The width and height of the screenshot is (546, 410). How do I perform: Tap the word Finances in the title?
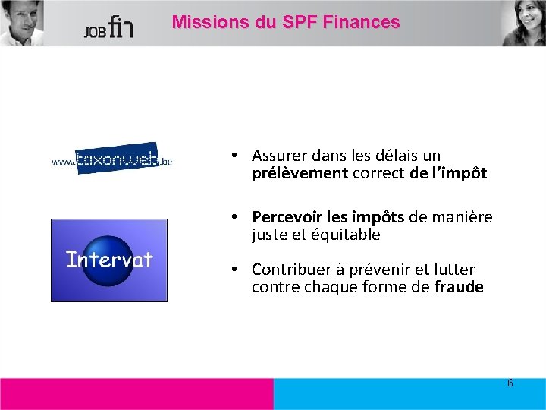(x=361, y=22)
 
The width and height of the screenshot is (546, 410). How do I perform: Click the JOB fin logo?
(x=109, y=27)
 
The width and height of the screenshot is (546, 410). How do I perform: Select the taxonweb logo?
(x=111, y=158)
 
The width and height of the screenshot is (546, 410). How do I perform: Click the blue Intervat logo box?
(x=108, y=260)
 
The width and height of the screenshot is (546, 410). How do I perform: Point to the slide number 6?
(x=510, y=383)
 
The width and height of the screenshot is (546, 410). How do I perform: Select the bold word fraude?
(x=459, y=287)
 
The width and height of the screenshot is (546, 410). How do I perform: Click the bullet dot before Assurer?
(x=237, y=156)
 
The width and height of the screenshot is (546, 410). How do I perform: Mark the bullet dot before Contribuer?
(x=237, y=270)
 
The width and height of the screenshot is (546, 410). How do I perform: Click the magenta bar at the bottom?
(x=136, y=394)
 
